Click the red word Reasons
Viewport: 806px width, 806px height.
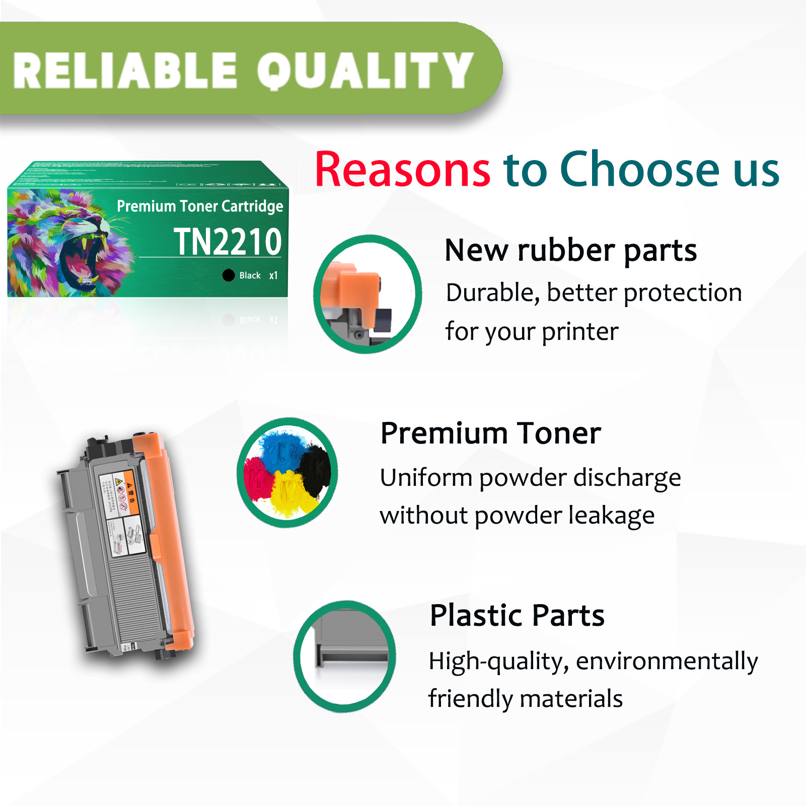tap(402, 170)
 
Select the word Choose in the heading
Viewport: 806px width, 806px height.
tap(639, 170)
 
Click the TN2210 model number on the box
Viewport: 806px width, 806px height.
tap(228, 242)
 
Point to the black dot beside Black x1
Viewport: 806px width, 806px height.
tap(229, 275)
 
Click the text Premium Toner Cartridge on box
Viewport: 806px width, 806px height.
tap(200, 206)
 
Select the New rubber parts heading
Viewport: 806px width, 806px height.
tap(570, 250)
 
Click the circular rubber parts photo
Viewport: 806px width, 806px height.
tap(368, 294)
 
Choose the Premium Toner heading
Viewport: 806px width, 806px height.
tap(490, 433)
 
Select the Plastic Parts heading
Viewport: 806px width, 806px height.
tap(517, 615)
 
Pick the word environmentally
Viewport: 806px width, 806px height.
tap(667, 661)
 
